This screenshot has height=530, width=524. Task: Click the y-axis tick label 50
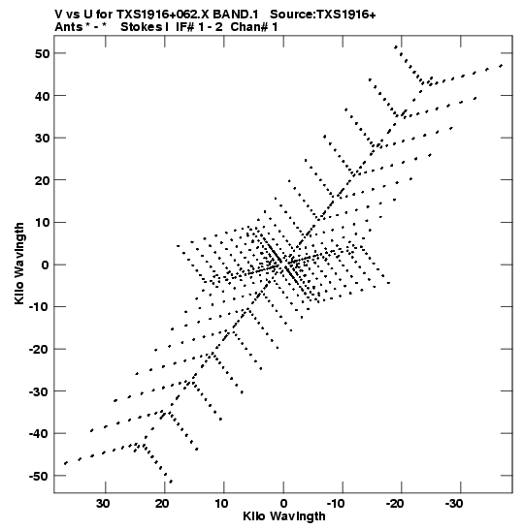[42, 53]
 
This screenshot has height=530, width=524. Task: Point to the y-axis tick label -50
[39, 477]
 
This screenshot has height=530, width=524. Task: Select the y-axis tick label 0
[46, 265]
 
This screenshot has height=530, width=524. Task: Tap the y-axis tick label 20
[42, 180]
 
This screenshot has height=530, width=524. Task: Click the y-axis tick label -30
[39, 391]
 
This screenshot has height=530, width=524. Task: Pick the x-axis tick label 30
[103, 504]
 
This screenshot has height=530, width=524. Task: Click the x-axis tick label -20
[395, 504]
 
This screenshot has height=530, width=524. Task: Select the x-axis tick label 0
[283, 504]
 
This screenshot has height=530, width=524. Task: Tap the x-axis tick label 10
[221, 504]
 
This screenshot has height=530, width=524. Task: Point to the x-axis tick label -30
[454, 504]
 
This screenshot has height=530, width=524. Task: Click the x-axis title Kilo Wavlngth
[284, 516]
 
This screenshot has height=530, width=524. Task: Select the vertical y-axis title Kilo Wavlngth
[19, 264]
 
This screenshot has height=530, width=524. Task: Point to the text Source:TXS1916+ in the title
[323, 15]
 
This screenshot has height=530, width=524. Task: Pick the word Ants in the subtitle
[69, 27]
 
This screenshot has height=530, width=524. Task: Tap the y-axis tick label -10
[39, 307]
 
